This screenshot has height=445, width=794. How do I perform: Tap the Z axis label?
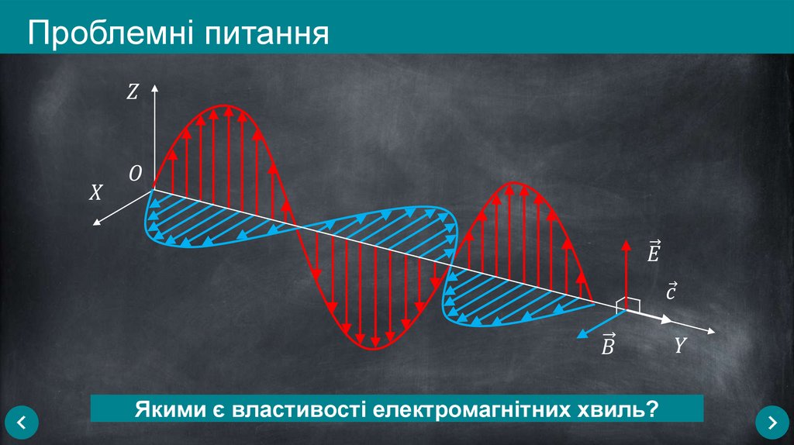[132, 93]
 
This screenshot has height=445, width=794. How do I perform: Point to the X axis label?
[95, 193]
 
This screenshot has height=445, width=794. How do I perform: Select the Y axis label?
[680, 345]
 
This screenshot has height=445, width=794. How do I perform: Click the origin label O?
[135, 175]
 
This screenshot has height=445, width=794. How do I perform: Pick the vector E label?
[654, 251]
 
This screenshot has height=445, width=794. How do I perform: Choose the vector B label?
[608, 345]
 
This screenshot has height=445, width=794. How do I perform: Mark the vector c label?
[671, 291]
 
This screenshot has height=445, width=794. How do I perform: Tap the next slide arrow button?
[772, 423]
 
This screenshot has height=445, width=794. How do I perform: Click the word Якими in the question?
[165, 408]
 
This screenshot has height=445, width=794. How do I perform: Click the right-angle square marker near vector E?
[632, 305]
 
